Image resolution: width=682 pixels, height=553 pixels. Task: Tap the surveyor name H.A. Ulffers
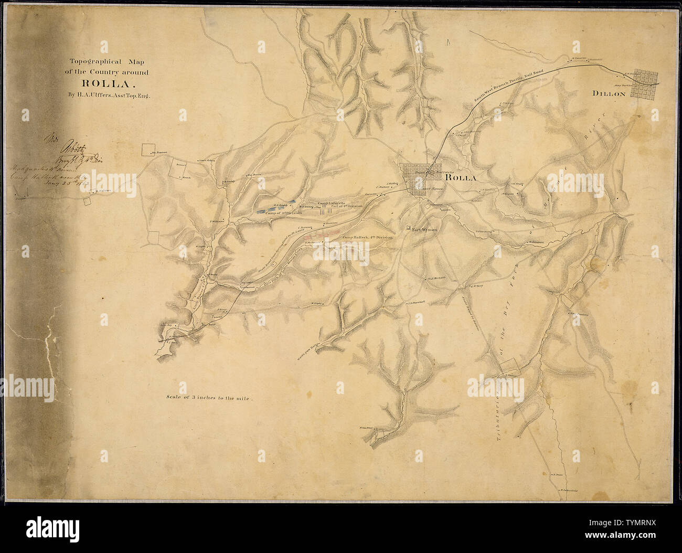coord(116,96)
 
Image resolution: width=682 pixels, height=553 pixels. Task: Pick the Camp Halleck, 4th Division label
coord(367,238)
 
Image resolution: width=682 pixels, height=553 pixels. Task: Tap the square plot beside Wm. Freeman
coord(145,150)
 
